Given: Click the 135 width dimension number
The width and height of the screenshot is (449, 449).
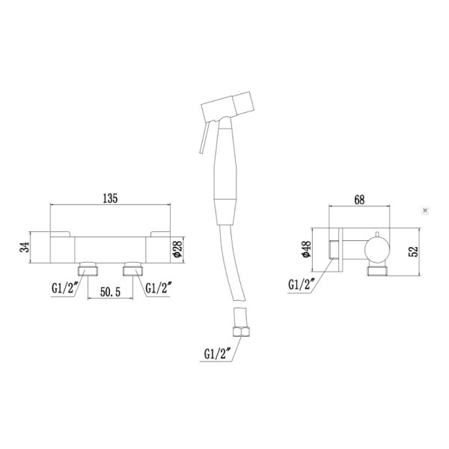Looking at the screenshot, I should (x=109, y=199).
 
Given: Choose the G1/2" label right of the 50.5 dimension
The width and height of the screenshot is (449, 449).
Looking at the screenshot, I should (x=160, y=287).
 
